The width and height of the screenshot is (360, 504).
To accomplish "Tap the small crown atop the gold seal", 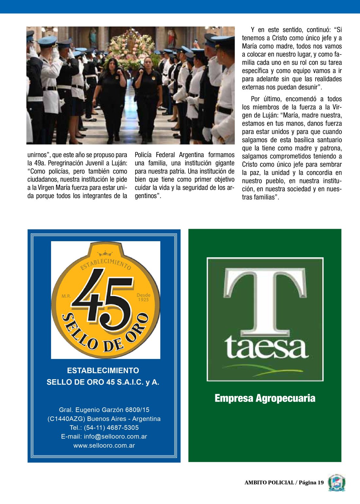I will [x=105, y=253].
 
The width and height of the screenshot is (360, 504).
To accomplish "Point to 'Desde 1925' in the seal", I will [x=143, y=297].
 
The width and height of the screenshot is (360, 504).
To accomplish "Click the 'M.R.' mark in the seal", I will [x=66, y=296].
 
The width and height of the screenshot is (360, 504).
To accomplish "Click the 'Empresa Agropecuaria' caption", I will [x=265, y=398].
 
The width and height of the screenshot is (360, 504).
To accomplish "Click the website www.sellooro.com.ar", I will [x=104, y=445].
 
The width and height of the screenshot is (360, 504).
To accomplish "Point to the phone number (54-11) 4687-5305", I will [x=111, y=428].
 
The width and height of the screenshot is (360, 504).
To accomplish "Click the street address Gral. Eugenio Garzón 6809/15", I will [x=104, y=410].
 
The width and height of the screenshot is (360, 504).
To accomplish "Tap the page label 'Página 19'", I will [x=311, y=482].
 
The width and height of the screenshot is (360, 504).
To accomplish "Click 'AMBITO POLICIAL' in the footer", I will [x=269, y=482].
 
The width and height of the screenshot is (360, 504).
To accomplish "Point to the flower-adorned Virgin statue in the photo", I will [x=132, y=46].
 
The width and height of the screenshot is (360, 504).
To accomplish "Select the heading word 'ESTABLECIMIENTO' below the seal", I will [x=103, y=370].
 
